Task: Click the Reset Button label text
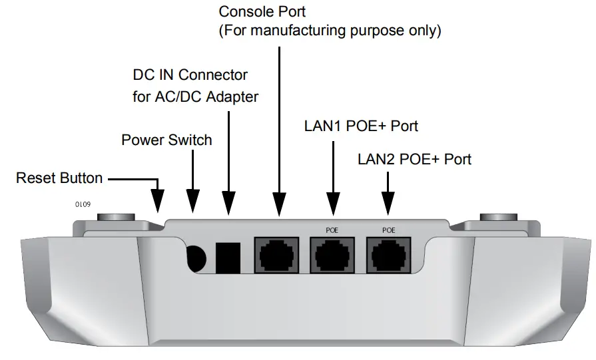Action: pos(59,178)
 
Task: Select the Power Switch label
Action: pos(166,140)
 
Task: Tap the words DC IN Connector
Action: pos(190,75)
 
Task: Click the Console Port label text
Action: pos(262,12)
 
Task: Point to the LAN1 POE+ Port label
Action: pos(361,126)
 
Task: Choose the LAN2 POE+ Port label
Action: pos(414,160)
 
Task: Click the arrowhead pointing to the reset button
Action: pos(158,201)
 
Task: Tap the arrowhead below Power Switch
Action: pos(192,202)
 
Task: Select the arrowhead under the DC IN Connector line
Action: pos(228,203)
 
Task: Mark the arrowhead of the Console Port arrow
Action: pos(278,203)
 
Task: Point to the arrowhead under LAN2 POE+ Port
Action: pos(386,203)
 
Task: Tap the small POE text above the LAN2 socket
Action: pos(389,230)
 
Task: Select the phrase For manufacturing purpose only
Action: pos(330,31)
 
